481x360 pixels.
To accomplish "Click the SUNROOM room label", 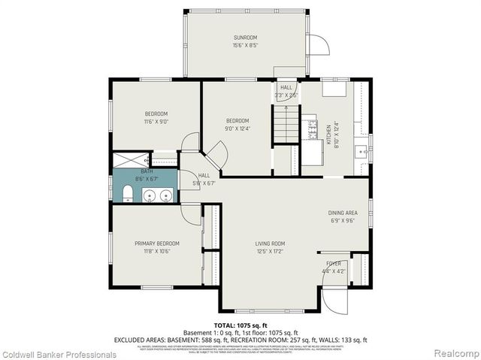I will click(x=245, y=37).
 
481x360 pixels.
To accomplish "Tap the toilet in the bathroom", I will click(x=128, y=197).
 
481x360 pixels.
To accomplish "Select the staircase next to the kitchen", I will click(x=286, y=123).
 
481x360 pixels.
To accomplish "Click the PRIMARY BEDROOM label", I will click(x=157, y=244).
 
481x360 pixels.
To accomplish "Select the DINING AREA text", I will click(x=343, y=213).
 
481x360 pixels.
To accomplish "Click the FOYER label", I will click(x=333, y=264).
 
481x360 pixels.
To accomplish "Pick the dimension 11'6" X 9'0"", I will click(x=156, y=121).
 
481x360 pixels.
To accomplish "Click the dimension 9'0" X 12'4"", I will click(x=237, y=129).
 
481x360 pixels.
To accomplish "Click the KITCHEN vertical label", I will click(x=328, y=136).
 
